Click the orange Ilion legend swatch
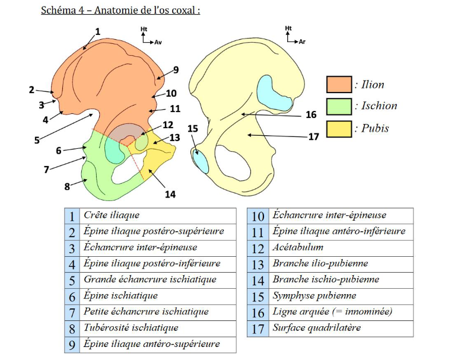point(339,84)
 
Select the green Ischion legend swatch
point(339,106)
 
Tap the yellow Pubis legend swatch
point(339,128)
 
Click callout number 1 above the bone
point(98,31)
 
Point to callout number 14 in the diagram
point(171,193)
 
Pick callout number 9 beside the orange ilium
point(176,70)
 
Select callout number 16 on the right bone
point(310,115)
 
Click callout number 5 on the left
point(36,141)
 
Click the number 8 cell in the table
point(72,327)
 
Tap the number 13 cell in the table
point(258,263)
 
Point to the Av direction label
point(158,43)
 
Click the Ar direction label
point(303,42)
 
